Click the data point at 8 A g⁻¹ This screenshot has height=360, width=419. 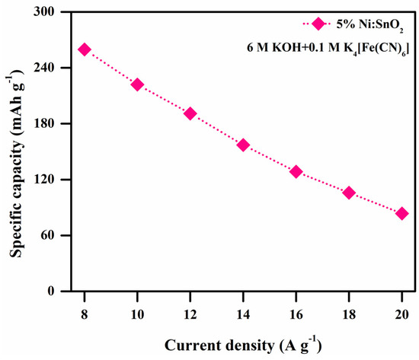[85, 49]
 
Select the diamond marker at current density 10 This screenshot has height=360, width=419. [137, 84]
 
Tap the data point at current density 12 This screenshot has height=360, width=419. [190, 113]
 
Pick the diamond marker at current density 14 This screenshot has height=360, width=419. [244, 145]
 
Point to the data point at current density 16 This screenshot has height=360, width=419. [296, 172]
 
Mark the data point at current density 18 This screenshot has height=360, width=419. [349, 193]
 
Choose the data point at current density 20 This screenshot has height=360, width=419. [402, 214]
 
